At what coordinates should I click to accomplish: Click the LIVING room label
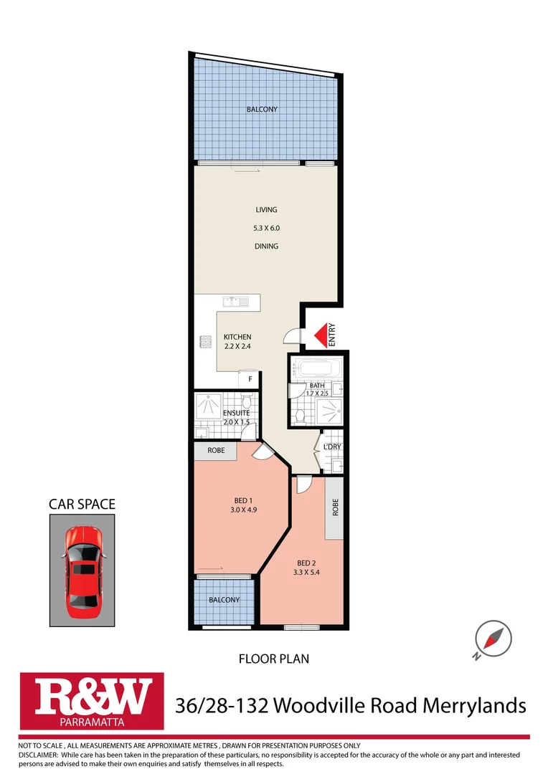point(266,210)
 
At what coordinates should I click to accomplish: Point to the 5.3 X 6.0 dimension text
point(266,228)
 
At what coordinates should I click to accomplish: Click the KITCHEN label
point(237,337)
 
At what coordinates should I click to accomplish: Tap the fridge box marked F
point(250,378)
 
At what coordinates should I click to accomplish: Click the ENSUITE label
point(236,413)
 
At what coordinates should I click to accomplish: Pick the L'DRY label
point(331,447)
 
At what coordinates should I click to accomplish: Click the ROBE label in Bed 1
point(216,451)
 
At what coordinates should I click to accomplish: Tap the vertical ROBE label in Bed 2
point(334,508)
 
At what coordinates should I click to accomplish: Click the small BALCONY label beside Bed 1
point(224,600)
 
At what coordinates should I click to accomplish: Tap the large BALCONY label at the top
point(262,110)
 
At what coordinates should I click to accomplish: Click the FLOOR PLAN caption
point(273,658)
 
